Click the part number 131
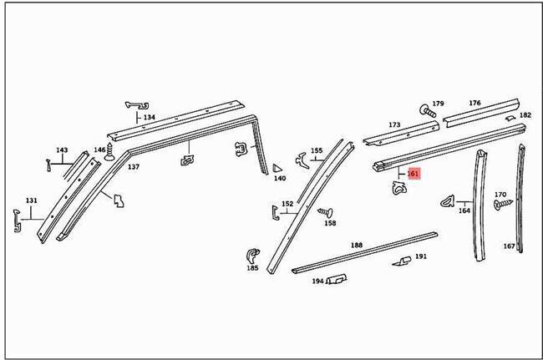(32, 200)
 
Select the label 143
(61, 150)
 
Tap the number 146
(99, 150)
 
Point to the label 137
(133, 167)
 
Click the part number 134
(149, 118)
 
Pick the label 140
(280, 179)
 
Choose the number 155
(317, 151)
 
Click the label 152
(287, 204)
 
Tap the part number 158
(330, 224)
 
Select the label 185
(251, 268)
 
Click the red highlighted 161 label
(412, 174)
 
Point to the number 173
(394, 125)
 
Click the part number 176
(474, 103)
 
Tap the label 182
(525, 115)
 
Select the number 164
(464, 210)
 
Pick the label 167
(509, 246)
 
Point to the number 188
(357, 245)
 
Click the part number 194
(317, 281)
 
